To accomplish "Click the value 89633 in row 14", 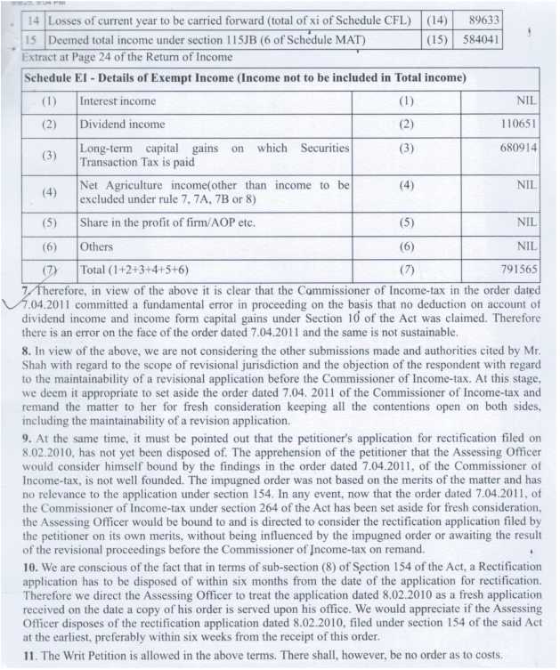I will coord(481,20).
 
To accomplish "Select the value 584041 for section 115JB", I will coord(481,40).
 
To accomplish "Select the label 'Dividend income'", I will coord(122,125).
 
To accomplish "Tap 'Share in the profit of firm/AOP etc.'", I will coord(167,222).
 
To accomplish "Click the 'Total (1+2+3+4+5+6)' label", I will coord(134,268).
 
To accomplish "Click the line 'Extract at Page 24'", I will coord(125,58).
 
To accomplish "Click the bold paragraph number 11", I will coord(28,657).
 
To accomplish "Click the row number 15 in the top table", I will coord(32,40).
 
